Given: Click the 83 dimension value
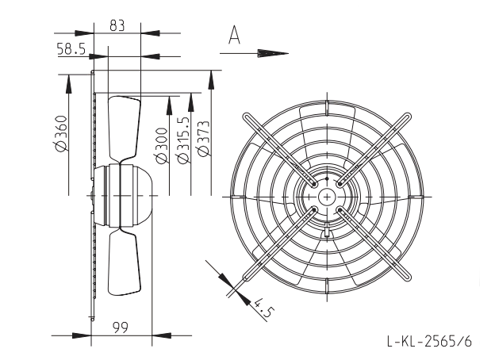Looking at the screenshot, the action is pos(117,25).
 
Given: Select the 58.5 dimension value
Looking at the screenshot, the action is pos(71,49).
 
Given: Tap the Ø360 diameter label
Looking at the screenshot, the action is pos(59,133).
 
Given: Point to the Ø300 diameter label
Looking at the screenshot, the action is pos(162,145).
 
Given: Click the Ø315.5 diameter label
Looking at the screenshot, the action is pos(183,140).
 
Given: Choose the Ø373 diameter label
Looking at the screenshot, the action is pos(202,138).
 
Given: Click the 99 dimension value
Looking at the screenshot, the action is pos(121,328).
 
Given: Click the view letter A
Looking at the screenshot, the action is pos(234,35).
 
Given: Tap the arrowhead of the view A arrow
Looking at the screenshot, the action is pos(273,54).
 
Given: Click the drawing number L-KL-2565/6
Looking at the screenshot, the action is pos(430,342).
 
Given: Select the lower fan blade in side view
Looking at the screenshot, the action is pos(124,262).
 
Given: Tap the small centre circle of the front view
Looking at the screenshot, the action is pos(328,197).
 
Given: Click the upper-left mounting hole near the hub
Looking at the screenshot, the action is pos(314,184).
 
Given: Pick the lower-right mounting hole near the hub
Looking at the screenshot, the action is pos(340,210).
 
